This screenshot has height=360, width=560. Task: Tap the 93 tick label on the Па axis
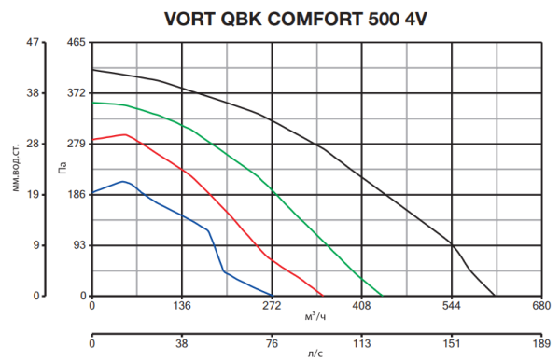coord(78,245)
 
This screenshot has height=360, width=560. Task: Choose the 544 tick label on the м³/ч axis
coord(451,306)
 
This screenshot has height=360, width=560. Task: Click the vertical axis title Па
coord(62,170)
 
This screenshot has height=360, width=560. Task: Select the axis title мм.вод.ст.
coord(17,168)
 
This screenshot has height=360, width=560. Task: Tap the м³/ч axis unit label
coord(315,317)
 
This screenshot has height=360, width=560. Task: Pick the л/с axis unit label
coord(315,354)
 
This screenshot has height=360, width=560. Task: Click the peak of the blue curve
coord(122,181)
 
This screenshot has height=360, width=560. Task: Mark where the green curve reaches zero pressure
coord(382,296)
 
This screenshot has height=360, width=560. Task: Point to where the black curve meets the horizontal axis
coord(496,296)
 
